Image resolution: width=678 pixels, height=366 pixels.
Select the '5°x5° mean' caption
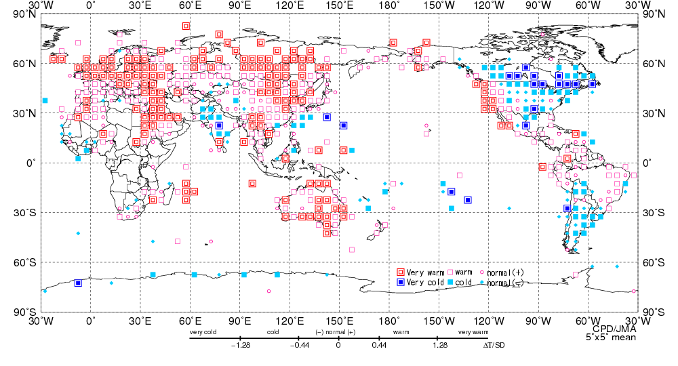click(x=611, y=337)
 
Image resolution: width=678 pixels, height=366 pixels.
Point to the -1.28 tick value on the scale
click(x=241, y=346)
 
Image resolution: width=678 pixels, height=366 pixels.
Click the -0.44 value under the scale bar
click(x=298, y=346)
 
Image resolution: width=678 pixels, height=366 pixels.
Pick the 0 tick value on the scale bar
click(x=338, y=346)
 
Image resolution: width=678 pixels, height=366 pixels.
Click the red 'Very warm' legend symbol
click(x=401, y=273)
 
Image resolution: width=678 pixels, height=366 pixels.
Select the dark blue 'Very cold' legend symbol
click(x=401, y=282)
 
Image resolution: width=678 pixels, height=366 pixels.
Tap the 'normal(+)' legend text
click(x=506, y=273)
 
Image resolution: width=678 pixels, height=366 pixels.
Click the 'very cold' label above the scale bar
click(x=203, y=332)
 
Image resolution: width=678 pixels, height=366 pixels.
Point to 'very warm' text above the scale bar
click(x=473, y=332)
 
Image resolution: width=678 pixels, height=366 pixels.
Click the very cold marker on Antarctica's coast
click(x=78, y=283)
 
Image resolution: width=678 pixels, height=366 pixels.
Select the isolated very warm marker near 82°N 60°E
click(x=186, y=26)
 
